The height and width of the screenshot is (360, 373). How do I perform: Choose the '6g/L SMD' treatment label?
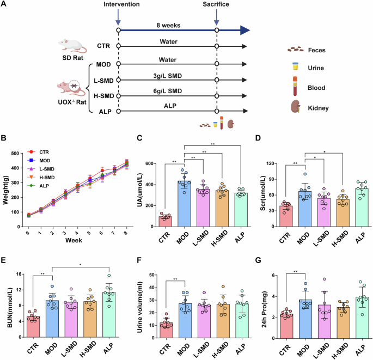pos(167,93)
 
